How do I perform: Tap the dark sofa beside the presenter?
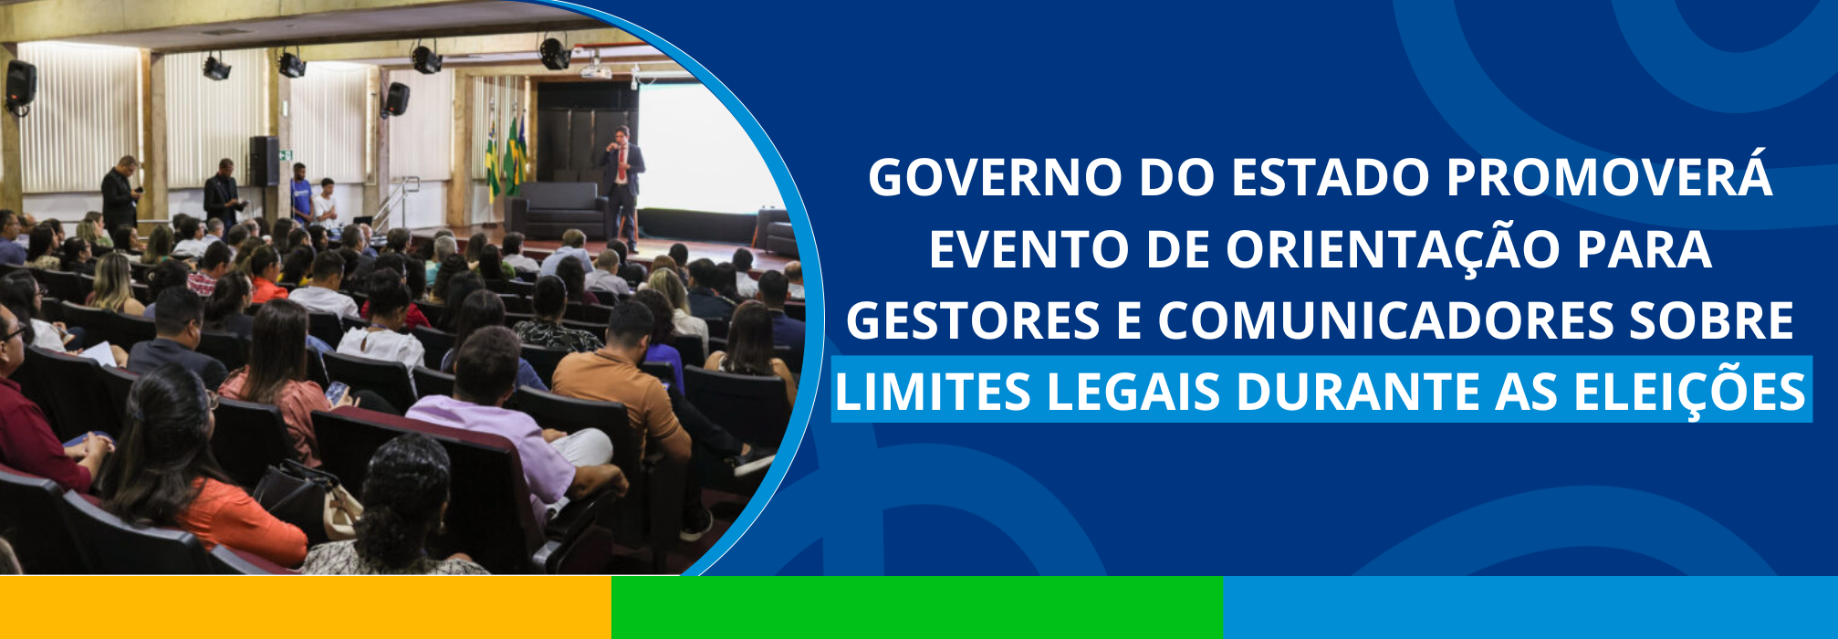pos(557,209)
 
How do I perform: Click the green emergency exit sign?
pos(286,154)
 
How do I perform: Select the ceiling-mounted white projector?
pos(595,70)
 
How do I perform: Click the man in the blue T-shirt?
pos(300,194)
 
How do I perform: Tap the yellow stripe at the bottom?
pos(306,608)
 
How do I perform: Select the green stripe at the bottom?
pos(917,608)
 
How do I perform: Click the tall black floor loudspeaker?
pos(264,162)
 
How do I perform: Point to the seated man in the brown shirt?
pos(630,383)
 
